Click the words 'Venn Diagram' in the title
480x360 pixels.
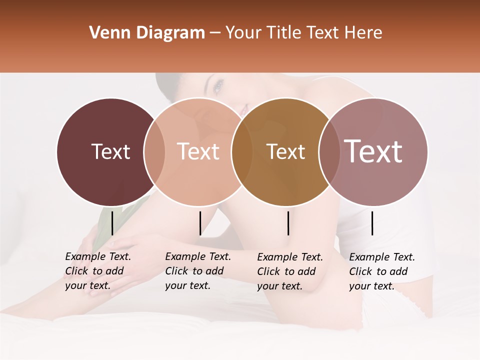[x=147, y=33]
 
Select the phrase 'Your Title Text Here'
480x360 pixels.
[x=303, y=33]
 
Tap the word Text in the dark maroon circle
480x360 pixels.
[x=110, y=151]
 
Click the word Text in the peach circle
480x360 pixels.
[x=198, y=151]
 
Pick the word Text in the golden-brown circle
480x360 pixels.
[x=285, y=151]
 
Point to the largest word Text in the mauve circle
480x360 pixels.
[x=373, y=151]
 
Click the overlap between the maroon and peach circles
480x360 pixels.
[x=154, y=151]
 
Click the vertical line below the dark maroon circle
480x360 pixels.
[x=112, y=223]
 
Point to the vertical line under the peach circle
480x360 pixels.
[x=200, y=223]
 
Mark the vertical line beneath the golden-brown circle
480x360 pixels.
[x=288, y=223]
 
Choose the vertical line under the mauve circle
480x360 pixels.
[x=372, y=223]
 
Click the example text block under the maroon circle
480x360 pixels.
[x=98, y=271]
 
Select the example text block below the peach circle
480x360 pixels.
[x=198, y=271]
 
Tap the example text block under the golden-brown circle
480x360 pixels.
[x=290, y=271]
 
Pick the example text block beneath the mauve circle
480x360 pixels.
[x=382, y=271]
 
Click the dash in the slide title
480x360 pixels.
[x=215, y=33]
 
